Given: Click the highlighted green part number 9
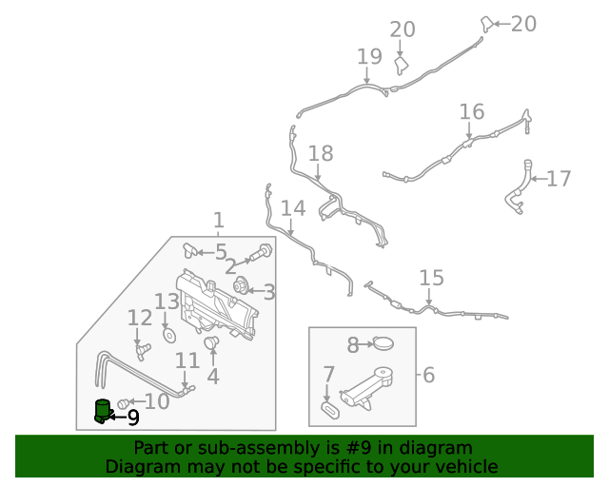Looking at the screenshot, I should coord(102,411).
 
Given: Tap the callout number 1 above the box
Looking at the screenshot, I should coord(218,221).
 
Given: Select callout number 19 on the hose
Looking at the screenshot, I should coord(369,57).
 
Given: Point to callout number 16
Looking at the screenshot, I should coord(472,112).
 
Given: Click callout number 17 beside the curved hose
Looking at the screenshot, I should coord(559,178).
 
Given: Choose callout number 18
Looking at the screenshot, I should coord(321,153).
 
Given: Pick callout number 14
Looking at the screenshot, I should coord(293,208).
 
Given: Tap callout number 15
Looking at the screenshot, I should coord(431,278).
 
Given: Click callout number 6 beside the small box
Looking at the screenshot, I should coord(428,375).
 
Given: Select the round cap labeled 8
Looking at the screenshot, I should coord(383,344).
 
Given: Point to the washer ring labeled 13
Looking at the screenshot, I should coord(168,336).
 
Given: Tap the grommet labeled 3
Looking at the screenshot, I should coord(242,283).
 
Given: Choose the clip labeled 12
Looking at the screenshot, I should coord(144,351).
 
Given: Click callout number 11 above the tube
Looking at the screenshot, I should coord(187,360).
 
